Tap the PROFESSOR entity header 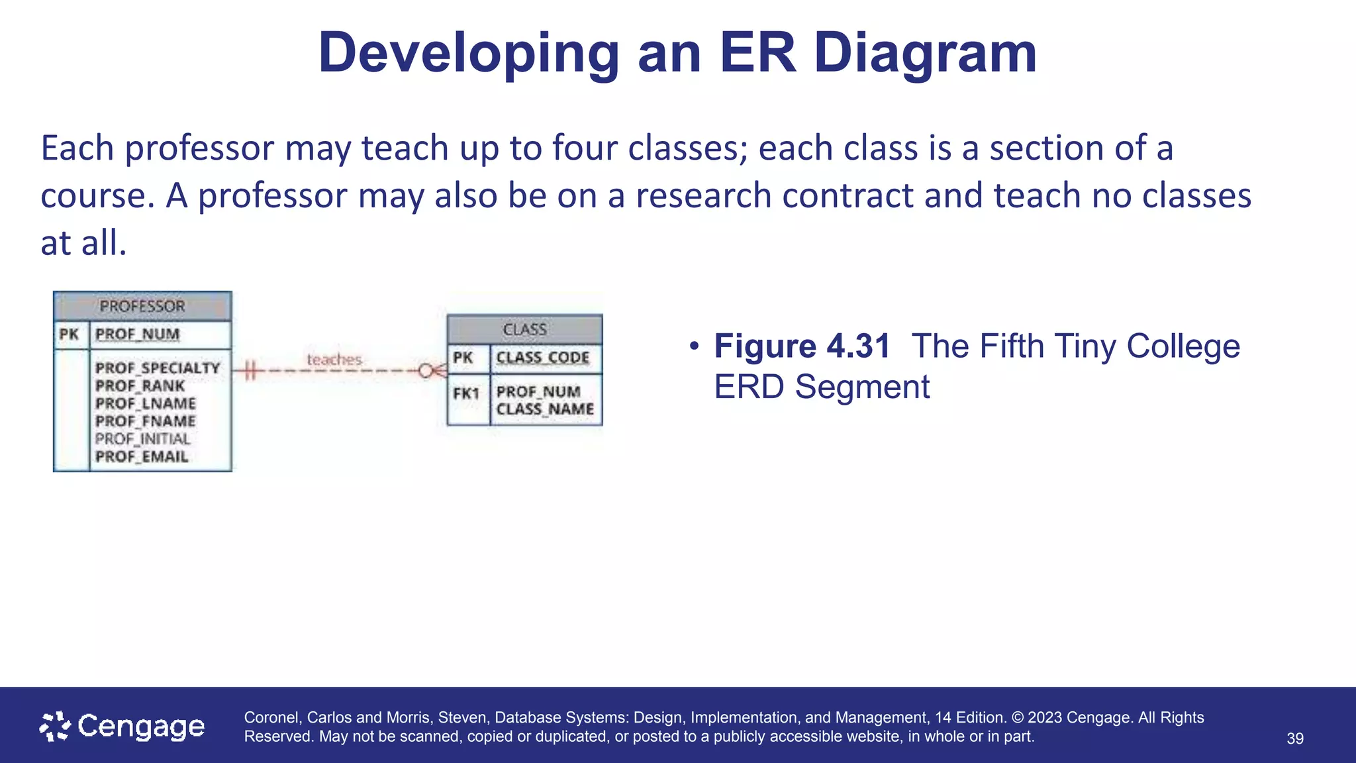coord(142,307)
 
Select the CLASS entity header coord(524,329)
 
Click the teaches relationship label coord(334,360)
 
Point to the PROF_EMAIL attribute coord(142,456)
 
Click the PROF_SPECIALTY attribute coord(158,368)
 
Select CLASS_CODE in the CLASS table coord(543,358)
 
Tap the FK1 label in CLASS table coord(466,393)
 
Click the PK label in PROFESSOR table coord(70,334)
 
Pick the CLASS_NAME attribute coord(545,409)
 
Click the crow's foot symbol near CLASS coord(434,371)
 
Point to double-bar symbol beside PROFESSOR coord(250,371)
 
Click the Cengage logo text coord(140,727)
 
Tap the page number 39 coord(1295,738)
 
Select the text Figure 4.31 coord(802,346)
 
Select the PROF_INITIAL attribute coord(142,438)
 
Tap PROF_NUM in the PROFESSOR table coord(137,334)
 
